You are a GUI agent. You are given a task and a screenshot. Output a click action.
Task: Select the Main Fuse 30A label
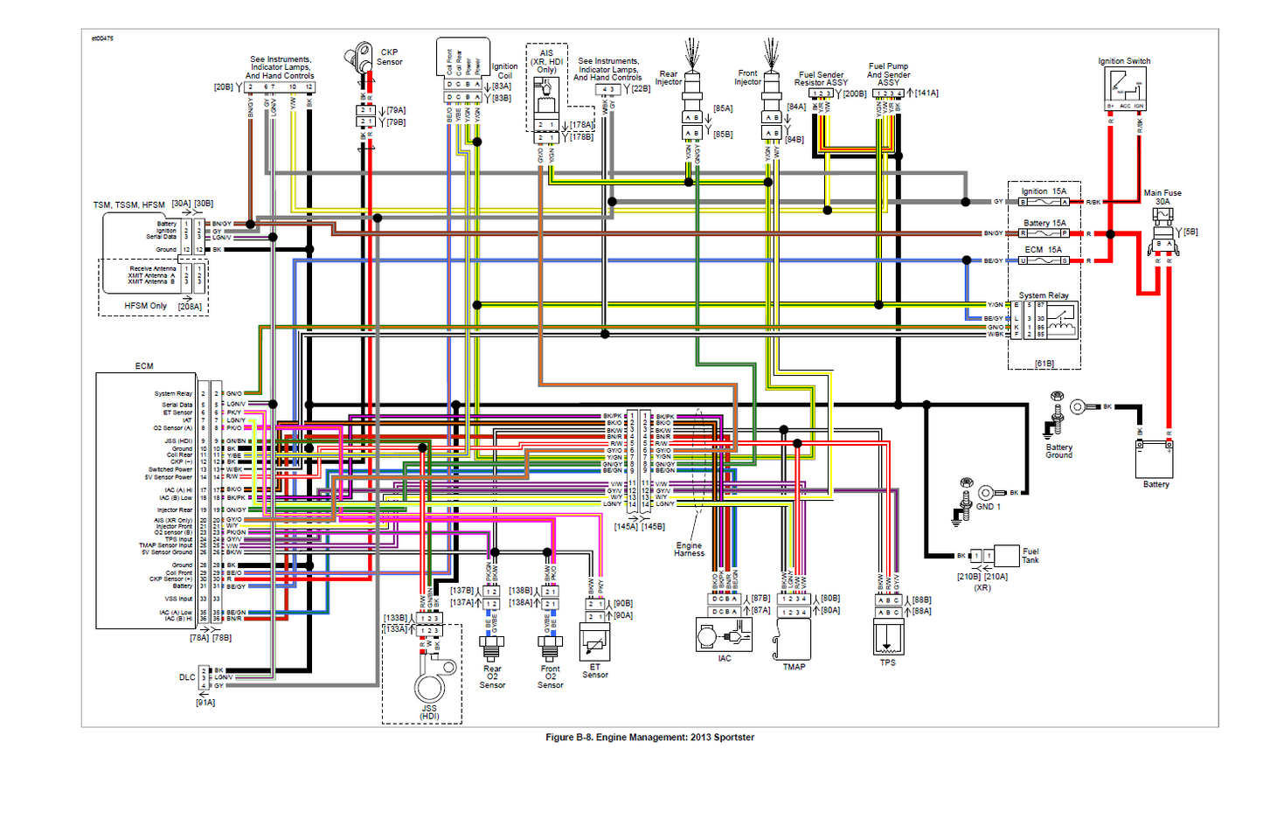1162,197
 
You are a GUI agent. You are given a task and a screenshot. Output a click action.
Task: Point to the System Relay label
1044,295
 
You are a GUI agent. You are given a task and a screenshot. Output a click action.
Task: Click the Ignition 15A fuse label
1044,191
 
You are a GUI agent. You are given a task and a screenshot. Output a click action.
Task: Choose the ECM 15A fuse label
1043,249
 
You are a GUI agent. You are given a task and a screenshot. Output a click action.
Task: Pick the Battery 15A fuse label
1044,223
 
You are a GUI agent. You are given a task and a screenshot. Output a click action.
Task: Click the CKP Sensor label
389,57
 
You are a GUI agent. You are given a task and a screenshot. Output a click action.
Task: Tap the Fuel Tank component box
1006,555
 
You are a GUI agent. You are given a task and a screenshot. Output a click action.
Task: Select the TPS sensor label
887,662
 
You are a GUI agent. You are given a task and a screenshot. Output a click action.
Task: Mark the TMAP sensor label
794,667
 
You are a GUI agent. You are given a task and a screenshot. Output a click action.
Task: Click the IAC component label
725,658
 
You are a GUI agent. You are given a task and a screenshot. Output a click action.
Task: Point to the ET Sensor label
595,670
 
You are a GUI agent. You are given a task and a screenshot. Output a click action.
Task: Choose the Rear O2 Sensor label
492,676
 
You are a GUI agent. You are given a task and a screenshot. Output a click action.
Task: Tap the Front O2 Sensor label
550,676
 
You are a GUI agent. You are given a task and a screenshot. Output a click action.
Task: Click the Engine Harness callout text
689,549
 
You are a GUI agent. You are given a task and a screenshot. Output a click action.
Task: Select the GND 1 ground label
988,506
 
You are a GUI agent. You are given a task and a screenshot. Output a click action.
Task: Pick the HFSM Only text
145,306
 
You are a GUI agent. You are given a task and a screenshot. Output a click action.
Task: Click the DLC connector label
187,676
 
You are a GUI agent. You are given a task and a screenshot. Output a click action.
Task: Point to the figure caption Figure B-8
649,737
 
